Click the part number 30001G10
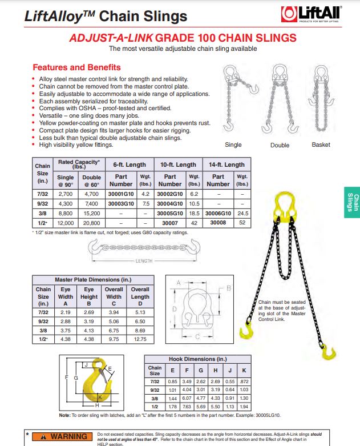point(120,195)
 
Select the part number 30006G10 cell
point(218,212)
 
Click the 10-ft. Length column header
point(178,164)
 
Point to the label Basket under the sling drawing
point(321,145)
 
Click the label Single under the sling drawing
point(233,145)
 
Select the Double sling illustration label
point(280,145)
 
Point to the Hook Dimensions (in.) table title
point(198,359)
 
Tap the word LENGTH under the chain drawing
point(144,262)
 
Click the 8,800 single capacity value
point(65,212)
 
